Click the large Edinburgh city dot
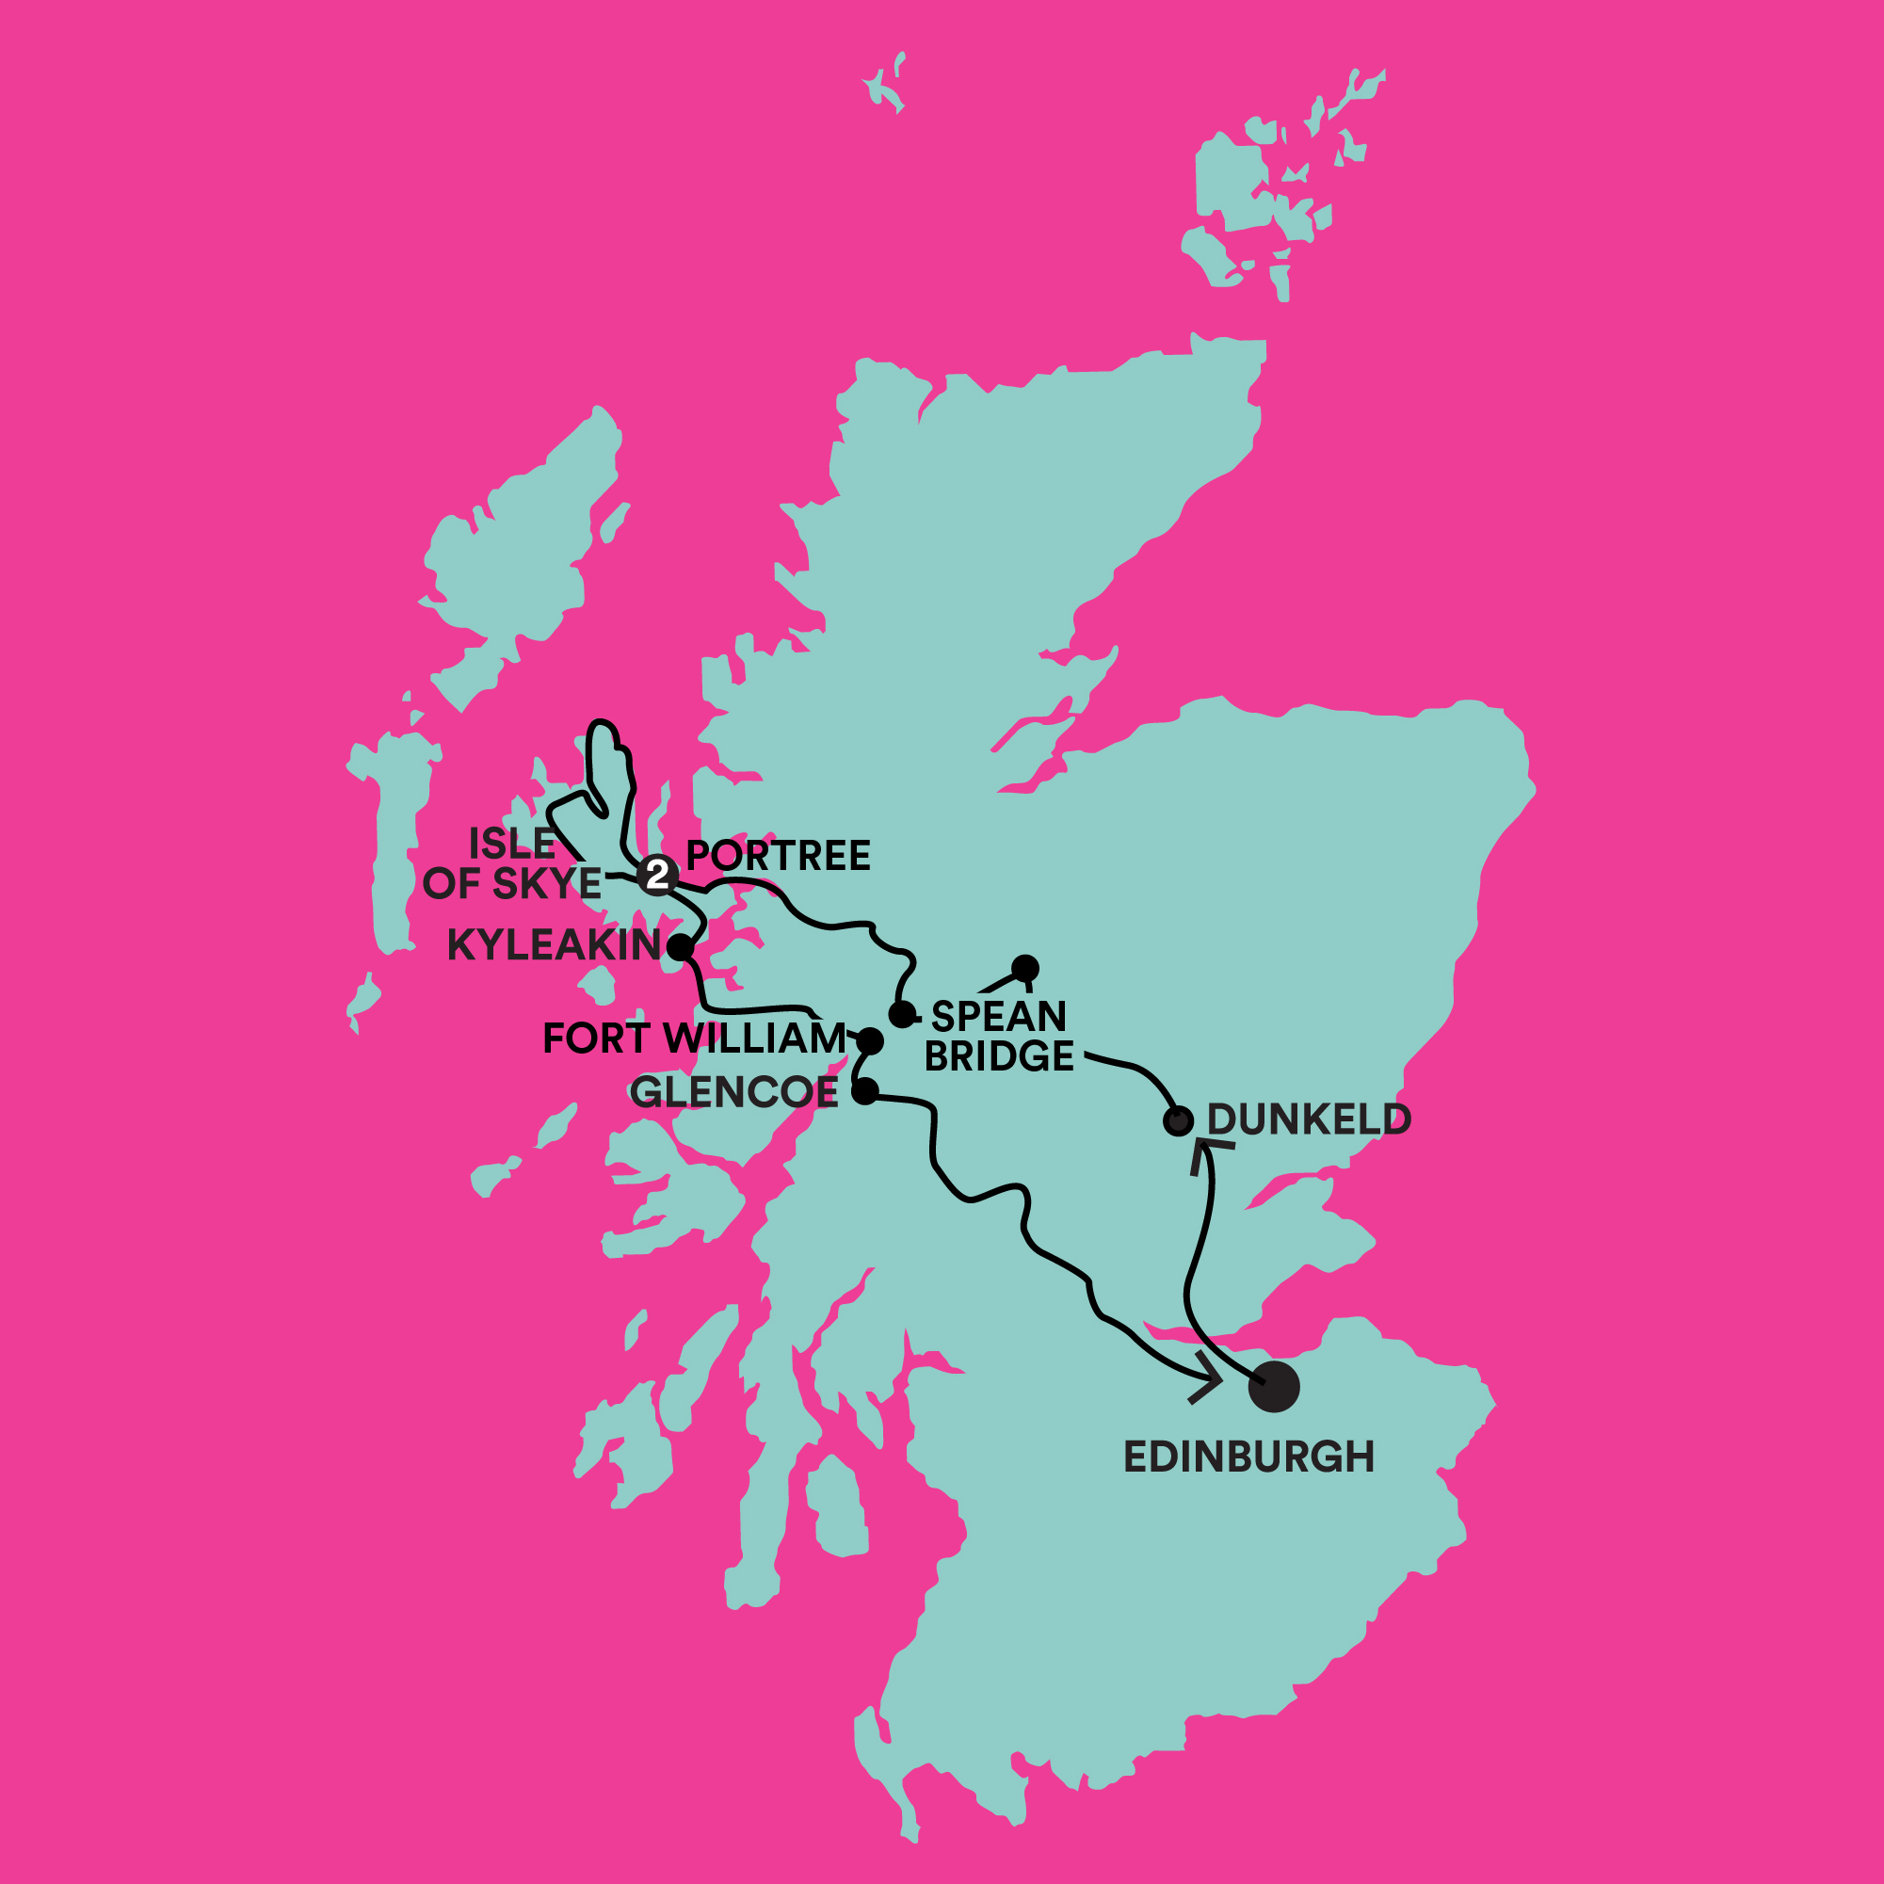[x=1274, y=1386]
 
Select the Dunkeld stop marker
[x=1178, y=1120]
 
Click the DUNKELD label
[x=1309, y=1119]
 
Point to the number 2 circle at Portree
[x=658, y=875]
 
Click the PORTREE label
[x=778, y=856]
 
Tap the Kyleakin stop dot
[x=680, y=947]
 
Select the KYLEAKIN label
[x=554, y=945]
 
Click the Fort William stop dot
[x=870, y=1041]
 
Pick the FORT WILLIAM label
[x=694, y=1039]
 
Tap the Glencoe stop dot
[x=865, y=1091]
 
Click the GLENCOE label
[x=734, y=1092]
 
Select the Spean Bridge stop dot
[x=902, y=1014]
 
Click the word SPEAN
[x=999, y=1017]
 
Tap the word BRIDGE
[x=999, y=1057]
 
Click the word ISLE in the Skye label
[x=512, y=844]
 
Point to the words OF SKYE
[x=512, y=883]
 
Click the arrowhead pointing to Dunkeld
[x=1206, y=1152]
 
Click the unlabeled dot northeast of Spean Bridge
[x=1025, y=968]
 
